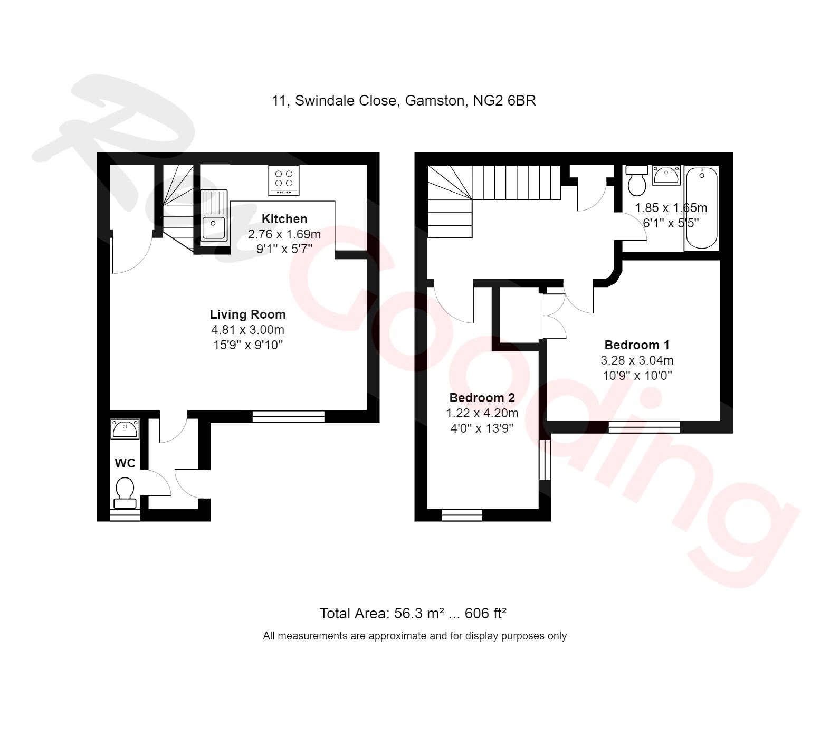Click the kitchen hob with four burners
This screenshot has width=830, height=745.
pyautogui.click(x=284, y=179)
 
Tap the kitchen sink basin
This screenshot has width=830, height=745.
pyautogui.click(x=213, y=227)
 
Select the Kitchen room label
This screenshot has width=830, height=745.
pyautogui.click(x=284, y=219)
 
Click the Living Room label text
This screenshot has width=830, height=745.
pyautogui.click(x=247, y=314)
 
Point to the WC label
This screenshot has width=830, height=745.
pyautogui.click(x=125, y=463)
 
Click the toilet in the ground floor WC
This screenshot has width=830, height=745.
pyautogui.click(x=125, y=491)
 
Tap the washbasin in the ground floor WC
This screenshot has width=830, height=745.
pyautogui.click(x=125, y=428)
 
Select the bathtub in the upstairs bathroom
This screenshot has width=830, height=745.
pyautogui.click(x=701, y=208)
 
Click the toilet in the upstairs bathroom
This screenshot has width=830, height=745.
pyautogui.click(x=637, y=180)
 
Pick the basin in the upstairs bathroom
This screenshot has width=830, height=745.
pyautogui.click(x=666, y=175)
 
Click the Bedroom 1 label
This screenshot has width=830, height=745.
pyautogui.click(x=637, y=345)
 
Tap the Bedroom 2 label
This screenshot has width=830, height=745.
pyautogui.click(x=482, y=398)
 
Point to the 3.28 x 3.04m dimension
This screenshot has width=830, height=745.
pyautogui.click(x=637, y=360)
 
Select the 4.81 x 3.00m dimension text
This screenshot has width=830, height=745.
pyautogui.click(x=247, y=330)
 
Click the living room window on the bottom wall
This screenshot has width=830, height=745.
pyautogui.click(x=288, y=417)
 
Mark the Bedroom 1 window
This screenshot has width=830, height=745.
pyautogui.click(x=644, y=427)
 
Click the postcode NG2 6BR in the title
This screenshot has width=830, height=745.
pyautogui.click(x=504, y=100)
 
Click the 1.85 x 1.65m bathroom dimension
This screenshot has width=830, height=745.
pyautogui.click(x=670, y=208)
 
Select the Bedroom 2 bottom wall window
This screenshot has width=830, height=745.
pyautogui.click(x=462, y=515)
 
